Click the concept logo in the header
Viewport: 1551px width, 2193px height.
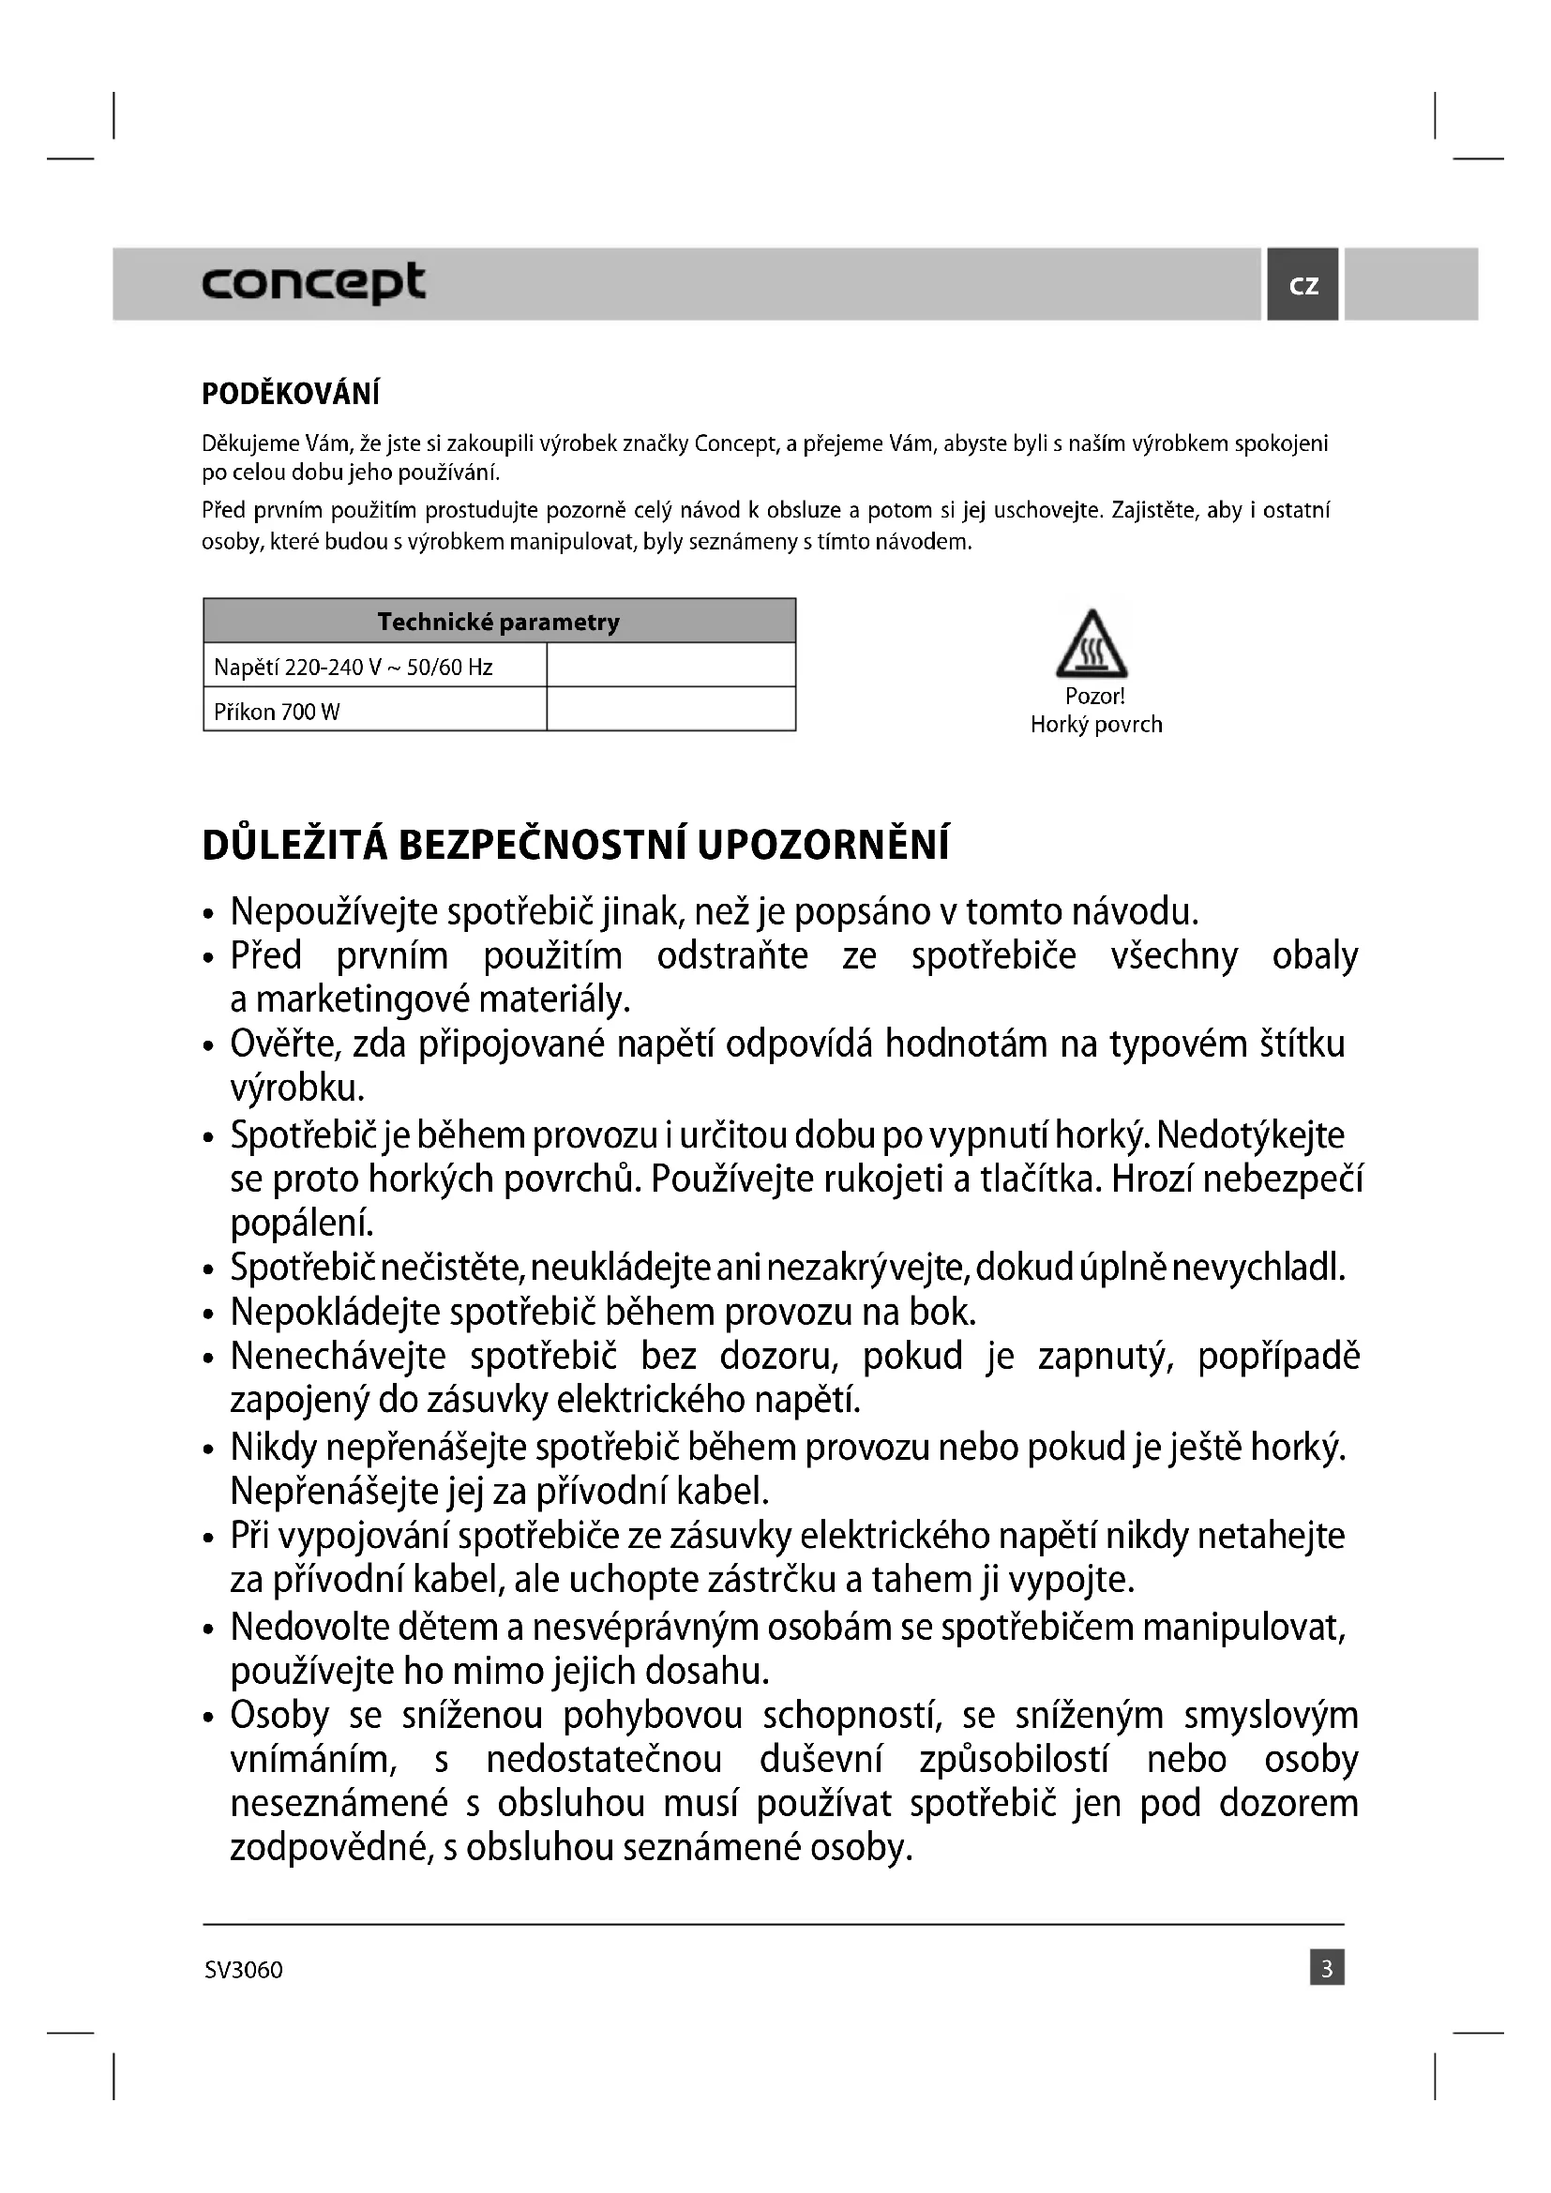tap(313, 283)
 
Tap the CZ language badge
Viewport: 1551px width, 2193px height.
tap(1303, 285)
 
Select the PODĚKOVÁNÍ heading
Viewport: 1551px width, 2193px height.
tap(291, 394)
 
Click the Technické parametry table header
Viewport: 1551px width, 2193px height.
tap(499, 622)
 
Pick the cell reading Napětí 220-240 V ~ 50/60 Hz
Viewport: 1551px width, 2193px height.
tap(354, 667)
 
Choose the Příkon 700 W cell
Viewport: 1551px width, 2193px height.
tap(277, 712)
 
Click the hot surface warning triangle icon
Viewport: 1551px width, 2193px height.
tap(1092, 645)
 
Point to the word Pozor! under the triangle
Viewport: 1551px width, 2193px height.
tap(1094, 697)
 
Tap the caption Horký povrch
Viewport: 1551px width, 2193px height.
tap(1096, 725)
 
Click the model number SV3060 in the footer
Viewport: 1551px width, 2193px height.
tap(244, 1970)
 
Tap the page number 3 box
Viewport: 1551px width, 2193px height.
tap(1327, 1969)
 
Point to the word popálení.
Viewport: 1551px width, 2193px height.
tap(302, 1223)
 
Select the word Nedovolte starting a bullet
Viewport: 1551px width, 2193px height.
tap(309, 1627)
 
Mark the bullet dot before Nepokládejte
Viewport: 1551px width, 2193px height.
tap(209, 1314)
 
